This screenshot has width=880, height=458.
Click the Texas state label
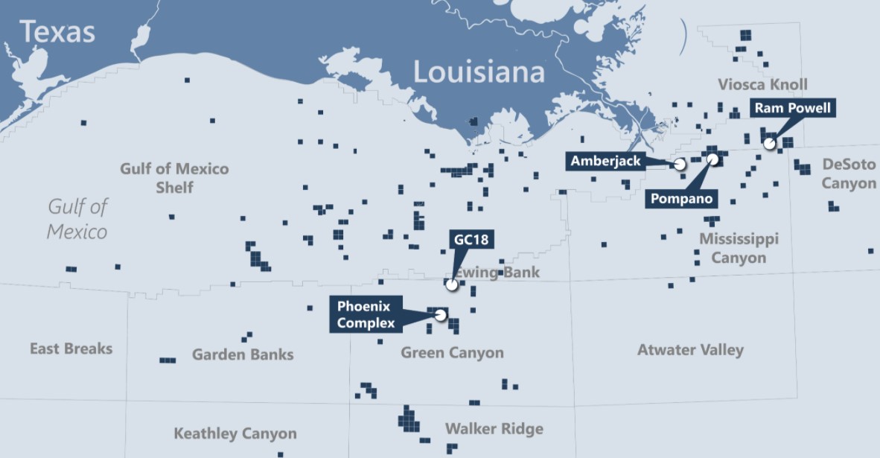point(57,32)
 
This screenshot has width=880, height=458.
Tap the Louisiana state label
point(479,72)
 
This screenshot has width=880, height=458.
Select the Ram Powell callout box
point(792,109)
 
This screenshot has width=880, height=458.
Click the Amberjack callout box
point(605,161)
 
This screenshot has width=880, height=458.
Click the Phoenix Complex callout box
point(366,314)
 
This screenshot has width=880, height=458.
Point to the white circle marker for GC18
point(451,284)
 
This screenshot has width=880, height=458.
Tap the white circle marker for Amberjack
point(679,164)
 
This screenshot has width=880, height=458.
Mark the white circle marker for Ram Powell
point(769,143)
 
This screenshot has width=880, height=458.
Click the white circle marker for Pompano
point(712,159)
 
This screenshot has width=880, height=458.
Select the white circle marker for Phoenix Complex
point(440,315)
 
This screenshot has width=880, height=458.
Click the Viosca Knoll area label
point(762,84)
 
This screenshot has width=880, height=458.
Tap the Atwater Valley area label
point(690,349)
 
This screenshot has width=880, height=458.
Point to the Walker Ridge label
point(494,429)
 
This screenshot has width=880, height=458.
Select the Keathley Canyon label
point(235,433)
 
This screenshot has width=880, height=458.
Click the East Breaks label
point(71,348)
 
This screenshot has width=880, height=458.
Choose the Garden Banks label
point(243,354)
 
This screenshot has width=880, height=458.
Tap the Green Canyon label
point(452,352)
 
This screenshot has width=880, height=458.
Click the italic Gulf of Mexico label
point(77,218)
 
